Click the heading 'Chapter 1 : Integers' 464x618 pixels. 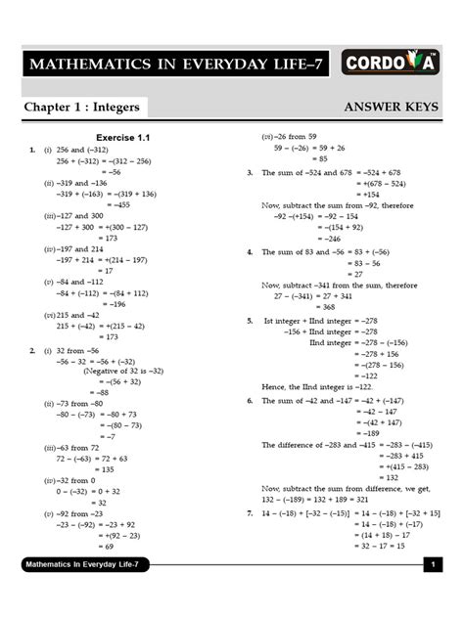click(x=83, y=107)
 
